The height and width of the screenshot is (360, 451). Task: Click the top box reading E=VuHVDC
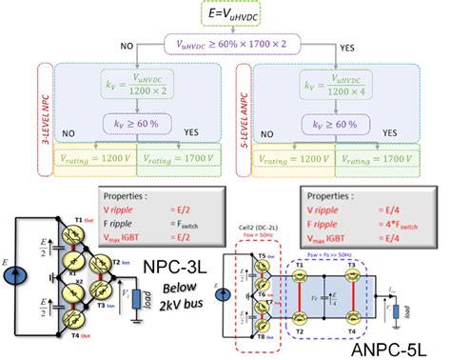click(225, 13)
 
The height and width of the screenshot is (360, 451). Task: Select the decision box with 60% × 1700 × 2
click(225, 44)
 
